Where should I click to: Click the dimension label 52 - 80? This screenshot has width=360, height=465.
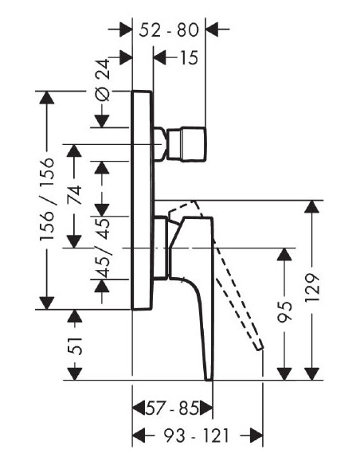click(169, 30)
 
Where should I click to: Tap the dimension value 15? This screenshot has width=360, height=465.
click(189, 57)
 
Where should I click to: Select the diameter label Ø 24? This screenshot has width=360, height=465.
click(103, 80)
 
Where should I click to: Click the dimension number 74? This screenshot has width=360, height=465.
click(74, 194)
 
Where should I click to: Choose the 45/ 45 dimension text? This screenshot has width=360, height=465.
click(103, 248)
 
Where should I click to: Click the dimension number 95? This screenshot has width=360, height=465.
click(284, 311)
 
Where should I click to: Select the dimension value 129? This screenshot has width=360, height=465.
click(312, 287)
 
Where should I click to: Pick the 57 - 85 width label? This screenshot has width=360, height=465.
click(172, 409)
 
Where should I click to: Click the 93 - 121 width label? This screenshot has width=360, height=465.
click(197, 436)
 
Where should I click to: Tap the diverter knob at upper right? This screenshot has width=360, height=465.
click(186, 144)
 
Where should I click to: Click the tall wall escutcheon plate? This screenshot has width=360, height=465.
click(143, 200)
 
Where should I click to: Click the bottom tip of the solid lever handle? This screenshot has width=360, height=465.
click(209, 379)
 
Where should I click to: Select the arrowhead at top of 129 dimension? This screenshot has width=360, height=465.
click(312, 207)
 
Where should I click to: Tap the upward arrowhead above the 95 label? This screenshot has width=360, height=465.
click(284, 255)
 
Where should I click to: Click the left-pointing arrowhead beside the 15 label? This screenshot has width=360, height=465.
click(160, 57)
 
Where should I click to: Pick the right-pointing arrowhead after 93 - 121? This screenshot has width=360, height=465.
click(256, 436)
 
